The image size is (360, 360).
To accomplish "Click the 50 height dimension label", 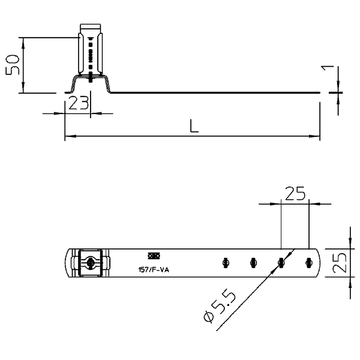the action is click(x=13, y=65).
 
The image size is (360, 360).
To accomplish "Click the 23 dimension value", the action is click(x=79, y=103).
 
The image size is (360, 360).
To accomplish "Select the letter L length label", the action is click(x=194, y=125).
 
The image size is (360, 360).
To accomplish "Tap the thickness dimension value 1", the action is click(x=328, y=68).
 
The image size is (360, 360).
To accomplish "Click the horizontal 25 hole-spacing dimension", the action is click(x=295, y=193).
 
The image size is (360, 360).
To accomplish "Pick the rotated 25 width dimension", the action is click(x=340, y=263).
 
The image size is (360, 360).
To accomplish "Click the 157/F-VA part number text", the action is click(x=154, y=270).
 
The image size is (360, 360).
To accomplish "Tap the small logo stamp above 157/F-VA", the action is click(x=154, y=256).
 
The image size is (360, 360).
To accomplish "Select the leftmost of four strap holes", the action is click(x=226, y=263).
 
